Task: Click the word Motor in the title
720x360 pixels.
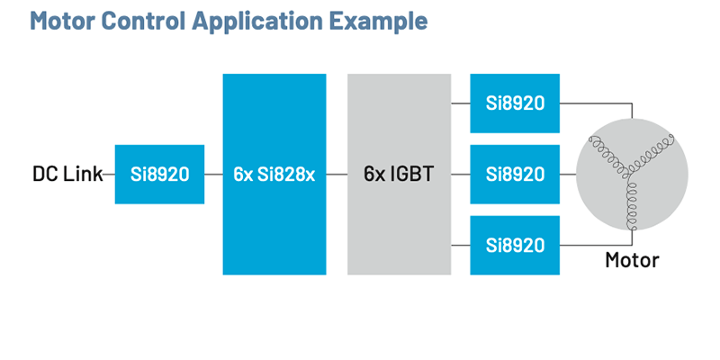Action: point(62,20)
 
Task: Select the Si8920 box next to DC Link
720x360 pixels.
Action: point(159,174)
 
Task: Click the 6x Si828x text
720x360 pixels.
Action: point(274,174)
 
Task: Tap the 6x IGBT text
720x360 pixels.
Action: point(399,174)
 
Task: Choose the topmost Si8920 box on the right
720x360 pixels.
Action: point(515,103)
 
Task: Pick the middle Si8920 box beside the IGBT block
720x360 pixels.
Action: point(515,174)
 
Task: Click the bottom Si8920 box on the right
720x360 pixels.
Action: point(515,245)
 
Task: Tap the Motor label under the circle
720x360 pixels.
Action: point(631,261)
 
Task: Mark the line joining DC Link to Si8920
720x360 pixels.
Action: point(109,174)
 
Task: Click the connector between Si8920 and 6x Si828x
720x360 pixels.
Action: point(213,174)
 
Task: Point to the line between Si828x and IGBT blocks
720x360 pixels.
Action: point(337,174)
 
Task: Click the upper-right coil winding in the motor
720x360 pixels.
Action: point(653,148)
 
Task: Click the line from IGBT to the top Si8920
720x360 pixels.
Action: point(460,103)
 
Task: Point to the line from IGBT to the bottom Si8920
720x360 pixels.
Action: point(460,245)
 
